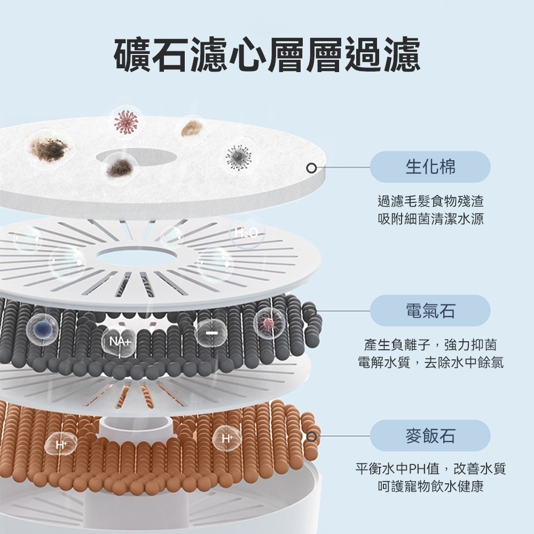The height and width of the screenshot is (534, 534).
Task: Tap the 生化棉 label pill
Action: pos(430,167)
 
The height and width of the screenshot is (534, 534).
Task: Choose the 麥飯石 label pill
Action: pos(430,436)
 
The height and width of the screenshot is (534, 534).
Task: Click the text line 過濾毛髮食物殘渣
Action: pos(430,201)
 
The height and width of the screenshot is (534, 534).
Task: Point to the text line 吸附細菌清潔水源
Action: pos(430,218)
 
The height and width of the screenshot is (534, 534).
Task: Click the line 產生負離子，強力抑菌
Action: pos(430,345)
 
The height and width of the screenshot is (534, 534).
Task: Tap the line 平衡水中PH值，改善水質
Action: pos(430,469)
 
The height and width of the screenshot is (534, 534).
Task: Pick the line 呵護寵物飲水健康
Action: pos(430,487)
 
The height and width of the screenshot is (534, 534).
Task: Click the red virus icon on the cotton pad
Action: pos(126,122)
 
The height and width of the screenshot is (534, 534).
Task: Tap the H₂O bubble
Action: pos(247,233)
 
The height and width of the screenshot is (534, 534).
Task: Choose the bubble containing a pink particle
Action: pos(270,323)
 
